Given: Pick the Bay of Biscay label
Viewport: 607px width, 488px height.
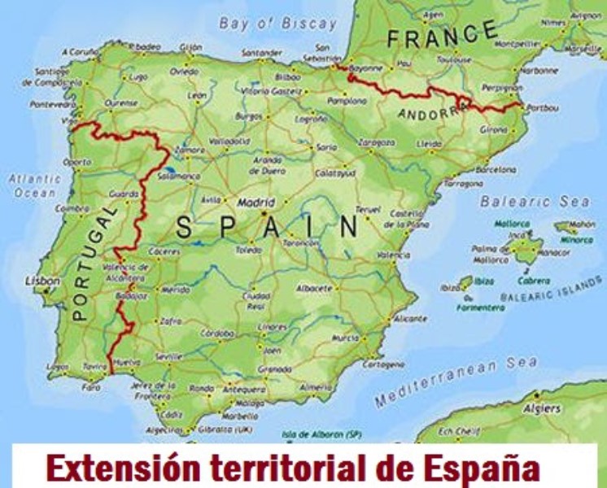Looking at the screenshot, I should coord(277,24).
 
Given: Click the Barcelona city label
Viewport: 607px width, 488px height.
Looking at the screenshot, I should coord(496,170).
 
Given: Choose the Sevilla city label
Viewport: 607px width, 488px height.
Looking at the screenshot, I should coord(168,356).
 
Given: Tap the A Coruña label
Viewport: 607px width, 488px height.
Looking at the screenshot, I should coord(79,50).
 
